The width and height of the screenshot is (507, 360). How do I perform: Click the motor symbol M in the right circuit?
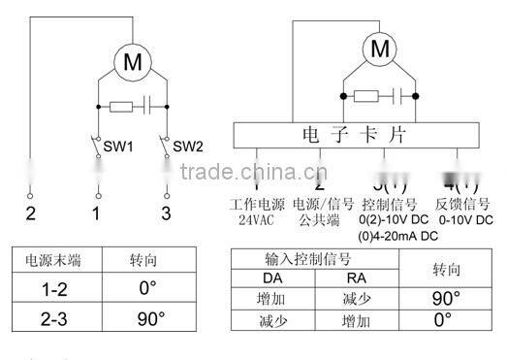tap(381, 48)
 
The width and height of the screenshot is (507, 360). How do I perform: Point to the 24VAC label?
tap(258, 220)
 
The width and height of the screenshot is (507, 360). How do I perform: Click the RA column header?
tap(355, 278)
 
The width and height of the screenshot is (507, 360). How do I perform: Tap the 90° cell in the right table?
tap(445, 298)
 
